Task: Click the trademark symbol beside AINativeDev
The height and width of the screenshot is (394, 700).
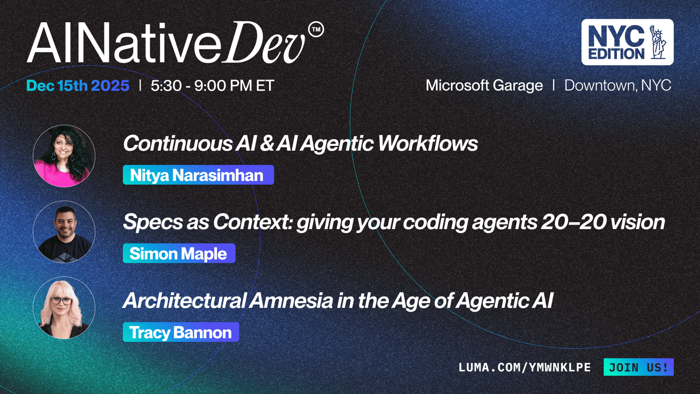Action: click(x=316, y=29)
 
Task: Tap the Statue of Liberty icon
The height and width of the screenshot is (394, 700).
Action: click(x=658, y=42)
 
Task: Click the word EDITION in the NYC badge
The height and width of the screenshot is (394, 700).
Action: click(x=616, y=53)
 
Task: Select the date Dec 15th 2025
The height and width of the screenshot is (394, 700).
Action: click(x=78, y=85)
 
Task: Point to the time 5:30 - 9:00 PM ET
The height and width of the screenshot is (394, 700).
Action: click(x=213, y=85)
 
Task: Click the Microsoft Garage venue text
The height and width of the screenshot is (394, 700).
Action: click(x=484, y=85)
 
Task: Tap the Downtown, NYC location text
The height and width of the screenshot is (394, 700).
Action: click(x=617, y=85)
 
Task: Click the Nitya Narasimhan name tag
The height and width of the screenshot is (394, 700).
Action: click(x=199, y=175)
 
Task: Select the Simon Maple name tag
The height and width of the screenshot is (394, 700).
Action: click(x=179, y=253)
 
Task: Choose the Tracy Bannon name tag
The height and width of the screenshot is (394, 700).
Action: click(x=181, y=332)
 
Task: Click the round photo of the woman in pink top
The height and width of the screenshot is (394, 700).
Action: click(x=64, y=156)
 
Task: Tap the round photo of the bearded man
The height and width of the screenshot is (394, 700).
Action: click(x=64, y=232)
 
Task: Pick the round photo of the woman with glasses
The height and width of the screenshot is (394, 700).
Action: click(x=64, y=308)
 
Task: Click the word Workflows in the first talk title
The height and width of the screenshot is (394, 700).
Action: click(x=428, y=144)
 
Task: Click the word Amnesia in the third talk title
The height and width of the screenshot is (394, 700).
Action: click(x=291, y=300)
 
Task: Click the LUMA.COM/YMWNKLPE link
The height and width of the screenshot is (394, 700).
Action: click(x=525, y=367)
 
